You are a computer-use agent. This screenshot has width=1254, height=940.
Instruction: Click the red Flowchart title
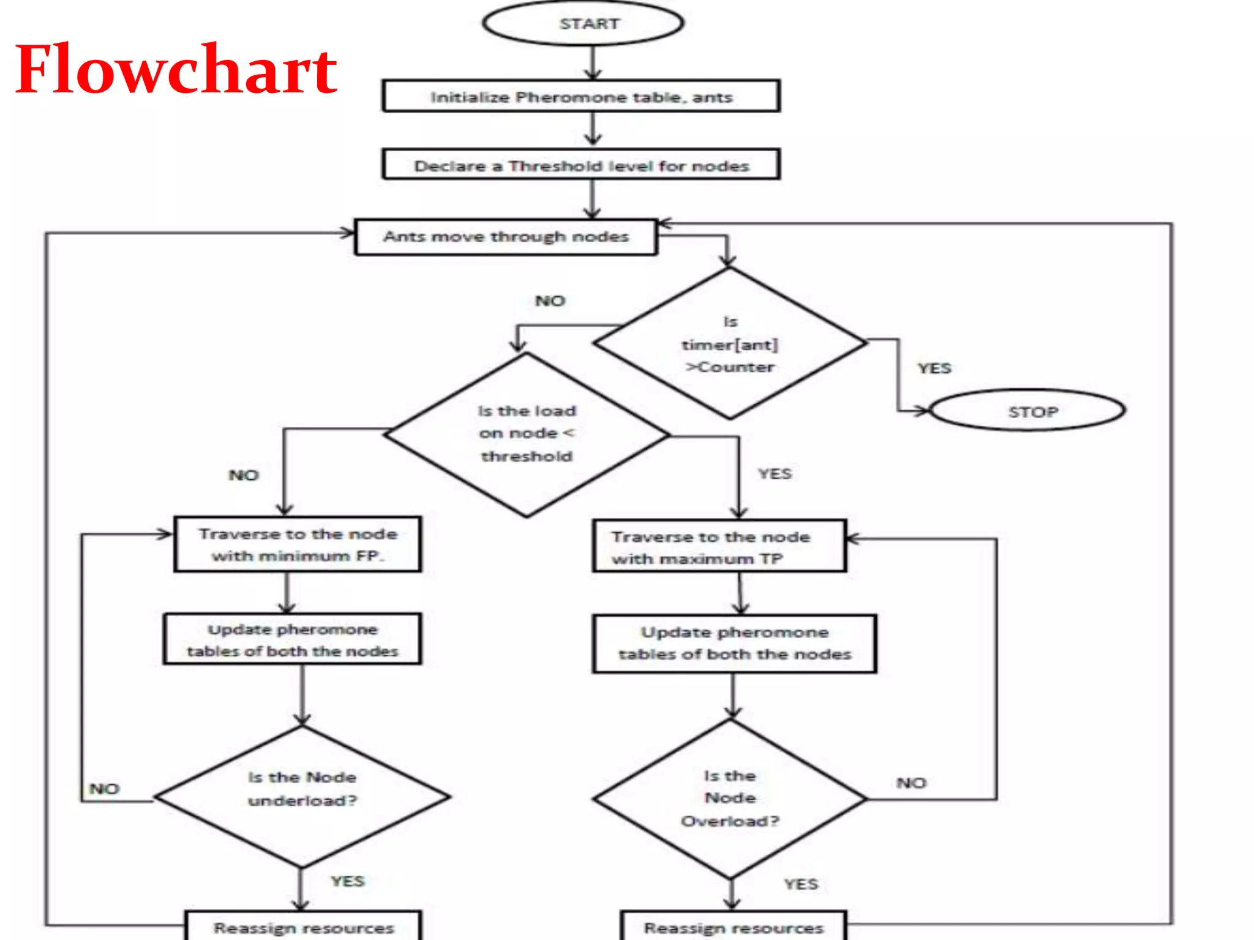point(176,70)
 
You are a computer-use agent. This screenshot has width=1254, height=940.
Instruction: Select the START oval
point(583,24)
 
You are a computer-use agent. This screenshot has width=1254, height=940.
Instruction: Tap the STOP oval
point(1027,411)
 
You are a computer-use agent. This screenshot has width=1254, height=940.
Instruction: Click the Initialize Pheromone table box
point(581,97)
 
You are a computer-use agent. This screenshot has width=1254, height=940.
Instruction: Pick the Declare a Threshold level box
point(581,165)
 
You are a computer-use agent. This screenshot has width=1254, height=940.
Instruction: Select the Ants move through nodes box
point(506,237)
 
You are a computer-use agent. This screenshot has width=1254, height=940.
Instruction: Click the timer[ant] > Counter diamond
point(730,344)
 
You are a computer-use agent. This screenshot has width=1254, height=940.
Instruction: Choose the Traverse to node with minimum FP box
point(298,545)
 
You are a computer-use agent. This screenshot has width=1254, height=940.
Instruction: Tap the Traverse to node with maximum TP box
point(719,547)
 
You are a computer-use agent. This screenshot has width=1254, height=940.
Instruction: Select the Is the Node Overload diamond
point(730,798)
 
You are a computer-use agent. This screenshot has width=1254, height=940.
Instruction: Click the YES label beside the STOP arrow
point(934,368)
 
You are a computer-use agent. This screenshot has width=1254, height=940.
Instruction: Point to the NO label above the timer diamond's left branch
point(550,301)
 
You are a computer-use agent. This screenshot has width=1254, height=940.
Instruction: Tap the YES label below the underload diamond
point(347,881)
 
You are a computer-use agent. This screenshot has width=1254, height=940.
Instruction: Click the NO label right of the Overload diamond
point(911,783)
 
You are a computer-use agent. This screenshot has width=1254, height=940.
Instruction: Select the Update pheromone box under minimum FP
point(293,640)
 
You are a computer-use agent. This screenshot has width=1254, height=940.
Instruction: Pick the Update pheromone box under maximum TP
point(734,644)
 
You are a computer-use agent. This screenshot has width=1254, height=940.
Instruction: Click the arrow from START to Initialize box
point(592,62)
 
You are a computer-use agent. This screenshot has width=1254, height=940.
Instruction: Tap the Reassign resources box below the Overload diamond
point(734,927)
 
